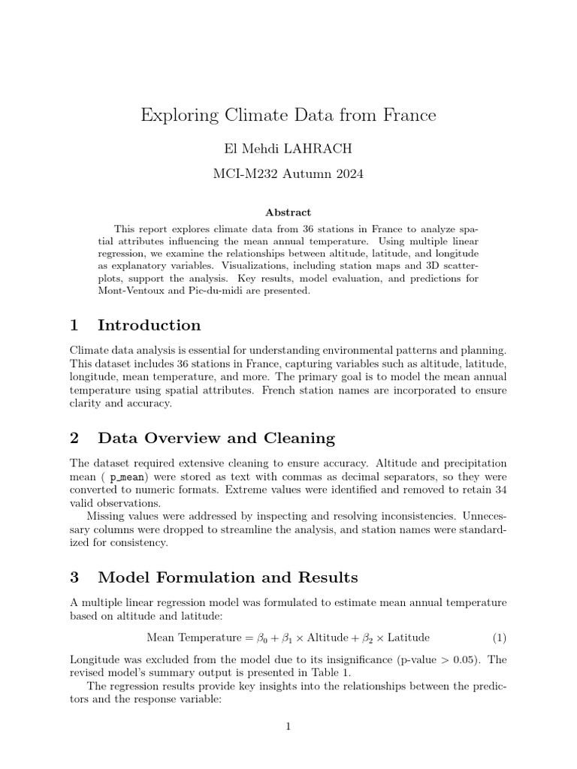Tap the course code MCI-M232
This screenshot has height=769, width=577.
(x=242, y=174)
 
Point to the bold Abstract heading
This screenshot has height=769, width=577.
(x=288, y=213)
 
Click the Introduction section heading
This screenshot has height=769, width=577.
(x=149, y=325)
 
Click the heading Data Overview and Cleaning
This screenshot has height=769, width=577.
(x=216, y=438)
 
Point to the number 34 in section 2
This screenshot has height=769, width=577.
(x=500, y=490)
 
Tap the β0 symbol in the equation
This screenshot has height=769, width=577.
(x=262, y=638)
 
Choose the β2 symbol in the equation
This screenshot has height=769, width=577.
(x=368, y=638)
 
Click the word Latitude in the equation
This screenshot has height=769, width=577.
(x=409, y=638)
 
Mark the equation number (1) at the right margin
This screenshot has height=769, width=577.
(x=500, y=638)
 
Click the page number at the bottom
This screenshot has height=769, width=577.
(x=288, y=726)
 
